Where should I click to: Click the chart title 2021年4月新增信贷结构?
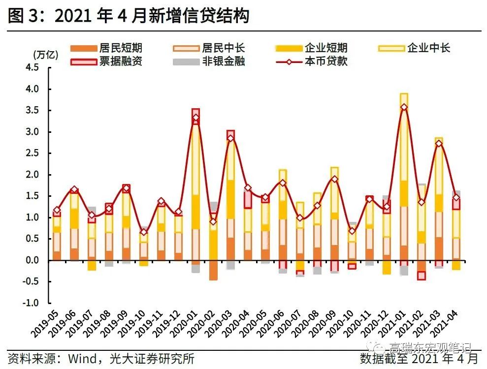point(128,16)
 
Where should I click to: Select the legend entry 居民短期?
point(120,48)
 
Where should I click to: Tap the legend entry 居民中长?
point(223,48)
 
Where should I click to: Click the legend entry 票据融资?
point(120,61)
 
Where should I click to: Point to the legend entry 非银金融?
point(223,61)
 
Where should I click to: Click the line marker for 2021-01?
point(404,107)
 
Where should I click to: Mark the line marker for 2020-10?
point(352,231)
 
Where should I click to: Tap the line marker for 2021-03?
point(439,144)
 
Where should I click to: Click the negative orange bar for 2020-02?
point(213,270)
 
